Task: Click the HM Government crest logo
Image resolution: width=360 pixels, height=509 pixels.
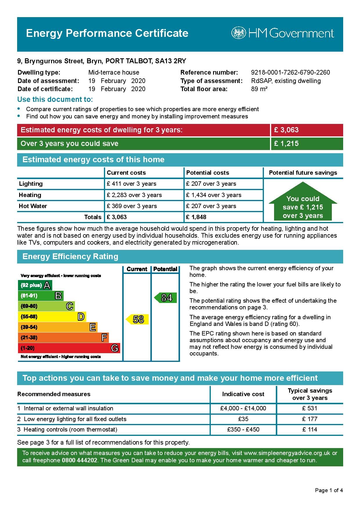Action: click(238, 33)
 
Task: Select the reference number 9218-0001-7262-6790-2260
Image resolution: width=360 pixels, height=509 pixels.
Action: click(290, 73)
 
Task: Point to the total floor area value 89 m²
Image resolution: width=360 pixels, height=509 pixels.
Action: click(259, 89)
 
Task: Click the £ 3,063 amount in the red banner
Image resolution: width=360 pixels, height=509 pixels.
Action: click(286, 130)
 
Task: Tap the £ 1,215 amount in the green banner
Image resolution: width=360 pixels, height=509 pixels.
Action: click(286, 144)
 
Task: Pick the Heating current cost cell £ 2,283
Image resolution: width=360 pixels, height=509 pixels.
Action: click(134, 195)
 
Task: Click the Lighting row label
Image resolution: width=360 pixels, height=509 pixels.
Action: click(31, 184)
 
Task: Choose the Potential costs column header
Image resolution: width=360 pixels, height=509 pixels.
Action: click(208, 173)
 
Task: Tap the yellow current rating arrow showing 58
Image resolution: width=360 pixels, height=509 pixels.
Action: click(138, 320)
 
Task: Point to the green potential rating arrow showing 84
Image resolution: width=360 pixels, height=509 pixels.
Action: click(166, 298)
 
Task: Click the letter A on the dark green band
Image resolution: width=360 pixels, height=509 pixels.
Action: click(47, 285)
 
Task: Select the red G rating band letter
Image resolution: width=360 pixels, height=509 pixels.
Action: click(115, 348)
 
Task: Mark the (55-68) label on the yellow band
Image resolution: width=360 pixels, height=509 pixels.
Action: click(29, 317)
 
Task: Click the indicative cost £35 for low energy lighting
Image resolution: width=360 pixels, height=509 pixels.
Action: click(243, 419)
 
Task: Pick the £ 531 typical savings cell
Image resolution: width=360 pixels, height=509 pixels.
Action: click(309, 408)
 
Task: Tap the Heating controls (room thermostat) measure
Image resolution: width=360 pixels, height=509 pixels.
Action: click(70, 429)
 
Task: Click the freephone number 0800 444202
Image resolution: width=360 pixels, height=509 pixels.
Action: click(79, 460)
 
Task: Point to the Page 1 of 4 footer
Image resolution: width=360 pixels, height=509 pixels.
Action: click(329, 490)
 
